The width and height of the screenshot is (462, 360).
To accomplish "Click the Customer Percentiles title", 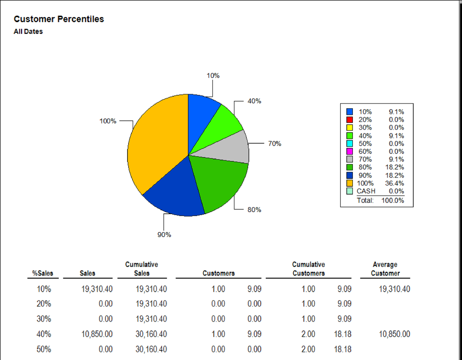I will (x=59, y=19).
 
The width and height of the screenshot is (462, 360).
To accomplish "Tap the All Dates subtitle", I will (x=28, y=32).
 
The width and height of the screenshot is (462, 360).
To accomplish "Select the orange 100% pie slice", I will (x=157, y=145).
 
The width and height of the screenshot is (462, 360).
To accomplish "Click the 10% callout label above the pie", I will (x=213, y=76).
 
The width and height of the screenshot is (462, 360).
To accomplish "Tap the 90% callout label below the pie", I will (x=164, y=235).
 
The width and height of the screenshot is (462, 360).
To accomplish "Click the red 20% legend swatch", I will (x=349, y=120).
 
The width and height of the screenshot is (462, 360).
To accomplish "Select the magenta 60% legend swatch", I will (x=349, y=151).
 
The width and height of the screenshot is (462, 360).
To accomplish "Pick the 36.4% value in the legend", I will (x=394, y=183).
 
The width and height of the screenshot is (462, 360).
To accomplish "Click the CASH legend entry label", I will (x=366, y=191).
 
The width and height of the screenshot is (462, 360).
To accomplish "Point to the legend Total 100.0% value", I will (x=393, y=200).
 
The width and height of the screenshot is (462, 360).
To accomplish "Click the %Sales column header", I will (x=43, y=273).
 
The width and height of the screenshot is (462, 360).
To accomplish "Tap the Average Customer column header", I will (x=385, y=269).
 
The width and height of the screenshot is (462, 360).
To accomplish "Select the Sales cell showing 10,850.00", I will (x=97, y=334).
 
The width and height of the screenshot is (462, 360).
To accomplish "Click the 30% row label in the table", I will (x=44, y=319).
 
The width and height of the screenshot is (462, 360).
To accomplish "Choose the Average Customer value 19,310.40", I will (x=394, y=289).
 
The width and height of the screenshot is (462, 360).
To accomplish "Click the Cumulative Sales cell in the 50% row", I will (x=151, y=349).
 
